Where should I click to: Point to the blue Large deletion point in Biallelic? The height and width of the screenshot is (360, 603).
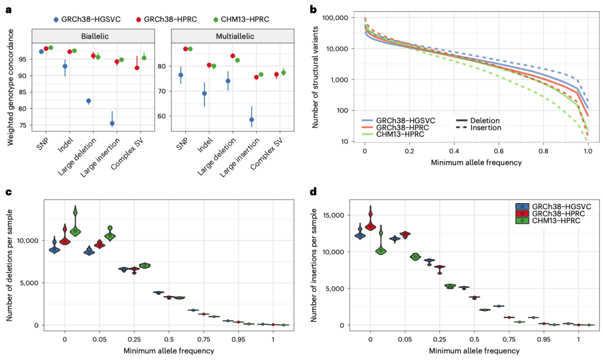tap(89, 101)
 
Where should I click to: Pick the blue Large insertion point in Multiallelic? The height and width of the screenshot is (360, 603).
tap(252, 119)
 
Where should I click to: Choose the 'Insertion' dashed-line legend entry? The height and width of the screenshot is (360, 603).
tap(485, 128)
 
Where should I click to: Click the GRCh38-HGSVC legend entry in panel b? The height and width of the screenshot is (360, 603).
tap(405, 120)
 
